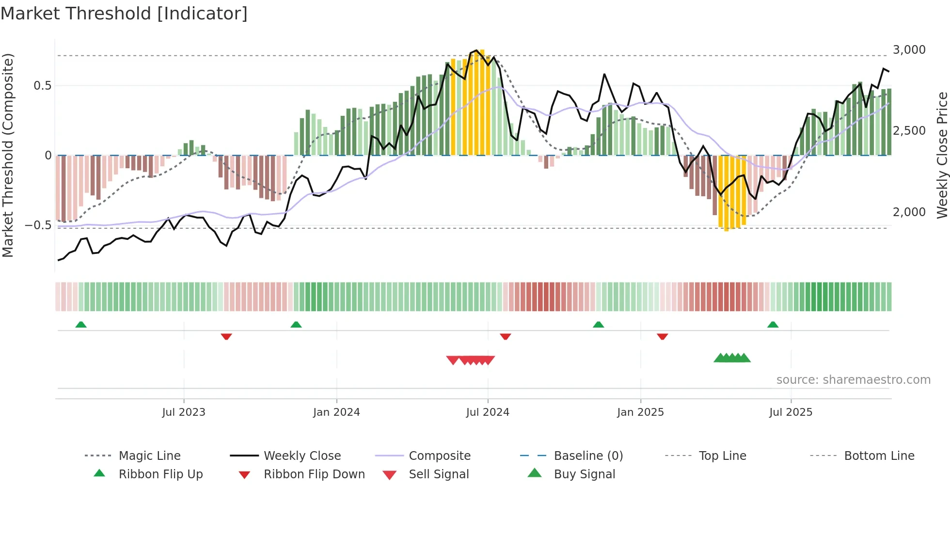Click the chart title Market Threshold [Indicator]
tap(124, 14)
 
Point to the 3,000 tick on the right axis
tap(909, 50)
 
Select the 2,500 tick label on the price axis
tap(909, 131)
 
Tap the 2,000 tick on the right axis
tap(909, 212)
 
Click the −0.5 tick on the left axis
tap(38, 225)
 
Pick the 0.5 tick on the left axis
tap(42, 86)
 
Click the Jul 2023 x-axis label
tap(184, 412)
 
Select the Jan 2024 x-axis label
tap(336, 412)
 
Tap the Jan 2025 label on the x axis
tap(640, 412)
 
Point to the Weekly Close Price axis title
tap(942, 155)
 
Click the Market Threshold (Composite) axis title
tap(8, 155)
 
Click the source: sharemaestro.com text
tap(853, 380)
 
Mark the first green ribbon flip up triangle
tap(81, 325)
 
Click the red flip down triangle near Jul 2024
tap(506, 336)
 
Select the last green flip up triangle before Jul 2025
tap(773, 325)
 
